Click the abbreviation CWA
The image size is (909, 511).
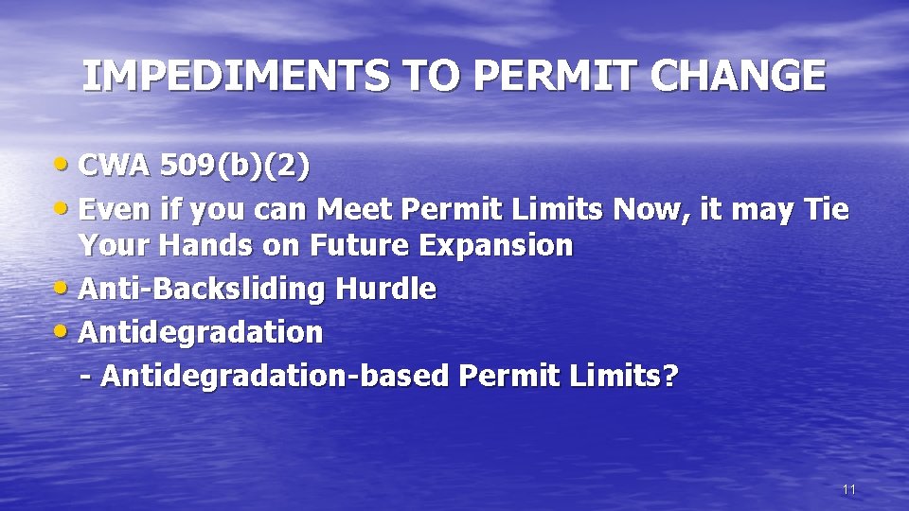coord(115,167)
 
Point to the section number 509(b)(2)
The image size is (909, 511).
coord(234,167)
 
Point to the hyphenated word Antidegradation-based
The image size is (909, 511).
coord(275,376)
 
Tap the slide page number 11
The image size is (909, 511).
coord(848,489)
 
